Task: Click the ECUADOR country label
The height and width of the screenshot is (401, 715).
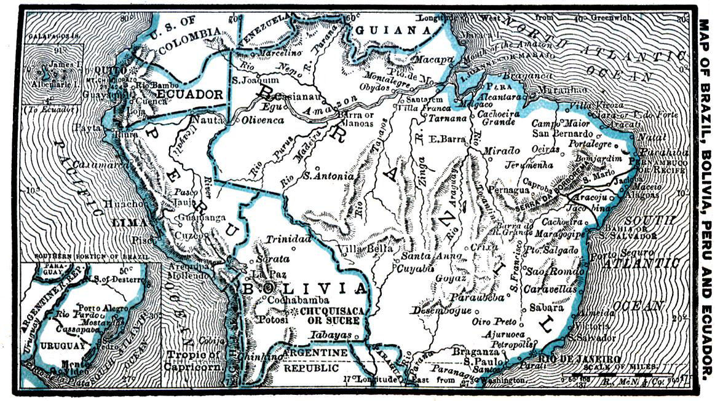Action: [191, 95]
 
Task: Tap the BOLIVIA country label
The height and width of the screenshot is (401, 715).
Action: [302, 289]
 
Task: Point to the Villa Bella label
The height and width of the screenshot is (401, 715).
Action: [365, 249]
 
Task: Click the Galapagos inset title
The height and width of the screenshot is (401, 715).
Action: [54, 36]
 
